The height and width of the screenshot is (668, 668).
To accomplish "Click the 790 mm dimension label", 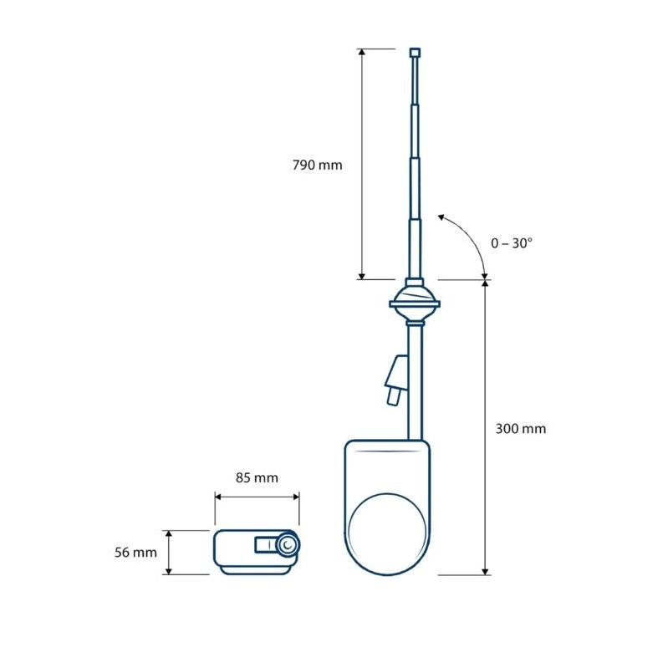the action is click(318, 165).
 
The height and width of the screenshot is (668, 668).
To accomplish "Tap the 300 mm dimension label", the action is click(521, 429).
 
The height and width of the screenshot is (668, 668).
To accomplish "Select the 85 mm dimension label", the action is click(257, 478).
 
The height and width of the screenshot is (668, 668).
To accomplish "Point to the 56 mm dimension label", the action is click(135, 553).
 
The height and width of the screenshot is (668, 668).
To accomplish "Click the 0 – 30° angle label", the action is click(512, 243).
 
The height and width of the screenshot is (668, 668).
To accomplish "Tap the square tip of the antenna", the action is click(415, 53).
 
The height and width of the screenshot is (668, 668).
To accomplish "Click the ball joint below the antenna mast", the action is click(415, 303).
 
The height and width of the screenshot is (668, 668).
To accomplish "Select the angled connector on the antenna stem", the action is click(396, 380).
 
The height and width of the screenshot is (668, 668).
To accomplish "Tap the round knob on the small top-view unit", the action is click(288, 545).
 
